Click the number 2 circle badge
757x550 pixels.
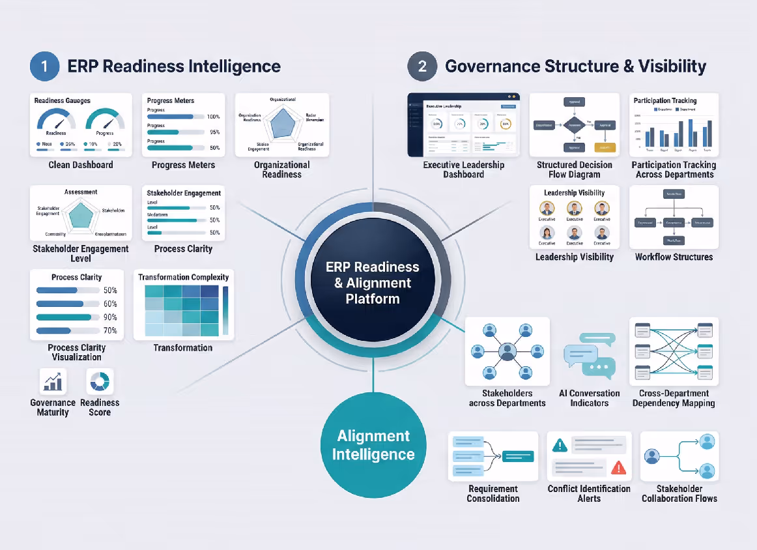[x=422, y=66]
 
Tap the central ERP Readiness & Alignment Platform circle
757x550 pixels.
[x=373, y=283]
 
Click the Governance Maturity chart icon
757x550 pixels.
[x=53, y=381]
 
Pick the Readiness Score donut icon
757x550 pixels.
[x=100, y=381]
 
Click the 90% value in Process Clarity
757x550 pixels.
[x=110, y=317]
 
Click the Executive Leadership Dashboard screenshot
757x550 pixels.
[x=463, y=125]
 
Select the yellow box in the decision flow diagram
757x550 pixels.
[x=605, y=147]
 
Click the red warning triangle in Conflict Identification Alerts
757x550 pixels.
[x=618, y=467]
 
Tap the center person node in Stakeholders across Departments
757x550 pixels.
[x=507, y=352]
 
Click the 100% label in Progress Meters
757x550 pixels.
[x=213, y=117]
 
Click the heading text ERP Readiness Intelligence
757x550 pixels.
[x=174, y=66]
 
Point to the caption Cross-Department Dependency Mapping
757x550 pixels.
[x=674, y=398]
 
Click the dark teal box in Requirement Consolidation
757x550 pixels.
[x=517, y=456]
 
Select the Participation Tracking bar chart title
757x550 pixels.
[x=665, y=100]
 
